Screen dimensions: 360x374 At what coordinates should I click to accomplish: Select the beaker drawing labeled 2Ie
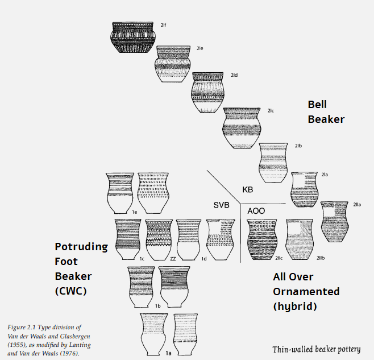[x=173, y=65]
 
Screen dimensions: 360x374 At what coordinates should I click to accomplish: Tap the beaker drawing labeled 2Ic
[x=243, y=128]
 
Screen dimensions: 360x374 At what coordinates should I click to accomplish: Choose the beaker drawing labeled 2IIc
[x=262, y=239]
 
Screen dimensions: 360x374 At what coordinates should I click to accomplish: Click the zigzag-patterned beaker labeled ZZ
[x=159, y=239]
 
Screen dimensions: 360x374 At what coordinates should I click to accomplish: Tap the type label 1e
[x=135, y=213]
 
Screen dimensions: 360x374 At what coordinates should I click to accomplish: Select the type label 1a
[x=168, y=353]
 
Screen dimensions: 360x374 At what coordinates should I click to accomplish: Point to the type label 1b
[x=157, y=305]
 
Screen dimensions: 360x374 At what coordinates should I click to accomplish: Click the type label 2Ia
[x=325, y=174]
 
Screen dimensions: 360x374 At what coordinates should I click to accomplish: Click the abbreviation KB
[x=247, y=189]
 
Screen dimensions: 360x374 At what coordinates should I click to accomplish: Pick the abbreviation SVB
[x=221, y=205]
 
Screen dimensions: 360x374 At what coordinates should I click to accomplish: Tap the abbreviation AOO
[x=256, y=211]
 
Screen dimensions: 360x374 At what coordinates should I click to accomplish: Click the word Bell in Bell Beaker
[x=317, y=105]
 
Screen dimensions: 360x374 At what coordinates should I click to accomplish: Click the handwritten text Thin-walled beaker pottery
[x=315, y=349]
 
